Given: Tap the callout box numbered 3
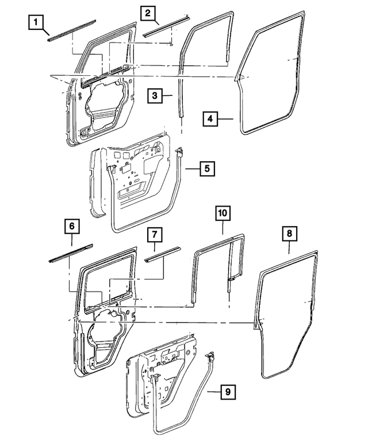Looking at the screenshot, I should pyautogui.click(x=154, y=96).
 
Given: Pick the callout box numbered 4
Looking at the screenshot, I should pyautogui.click(x=210, y=119).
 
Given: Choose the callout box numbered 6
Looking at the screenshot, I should pyautogui.click(x=71, y=227).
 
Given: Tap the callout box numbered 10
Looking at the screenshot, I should pyautogui.click(x=223, y=213).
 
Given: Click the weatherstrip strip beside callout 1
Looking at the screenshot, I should pyautogui.click(x=71, y=32).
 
